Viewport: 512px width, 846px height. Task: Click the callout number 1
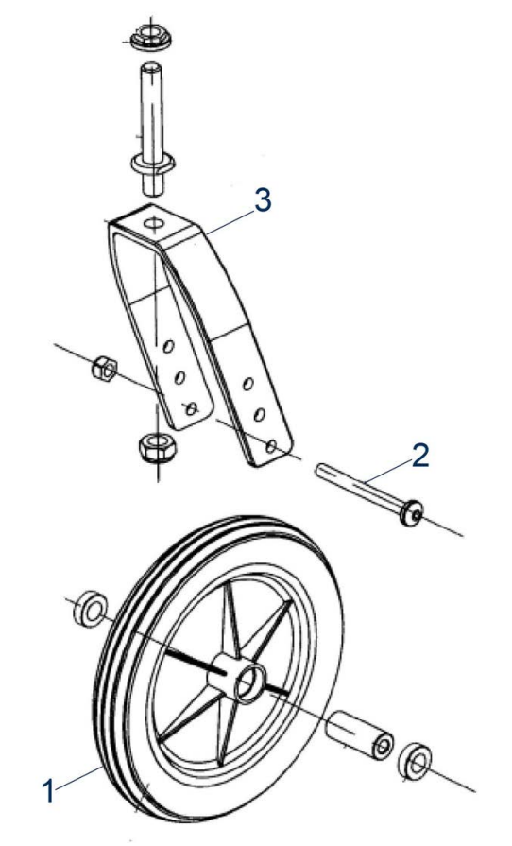click(48, 791)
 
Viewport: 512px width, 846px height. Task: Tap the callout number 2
click(419, 456)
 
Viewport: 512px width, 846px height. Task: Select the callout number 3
click(263, 200)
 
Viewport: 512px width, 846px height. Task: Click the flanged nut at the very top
click(151, 38)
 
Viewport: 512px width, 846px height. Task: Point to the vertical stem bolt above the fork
click(152, 129)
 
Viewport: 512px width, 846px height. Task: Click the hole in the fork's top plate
click(154, 222)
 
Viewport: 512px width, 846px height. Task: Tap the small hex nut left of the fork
click(104, 369)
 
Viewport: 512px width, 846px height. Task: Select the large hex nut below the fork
click(157, 447)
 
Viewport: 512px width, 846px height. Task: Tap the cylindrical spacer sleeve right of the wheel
click(360, 736)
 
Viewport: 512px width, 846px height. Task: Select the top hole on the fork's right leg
click(247, 384)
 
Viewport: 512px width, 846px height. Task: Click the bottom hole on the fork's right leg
click(272, 445)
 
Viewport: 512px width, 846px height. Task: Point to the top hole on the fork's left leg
click(169, 346)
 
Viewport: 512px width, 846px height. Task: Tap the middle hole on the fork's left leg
click(179, 377)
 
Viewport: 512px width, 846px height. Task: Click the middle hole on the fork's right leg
click(260, 415)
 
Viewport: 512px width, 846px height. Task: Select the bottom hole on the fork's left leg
click(190, 408)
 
